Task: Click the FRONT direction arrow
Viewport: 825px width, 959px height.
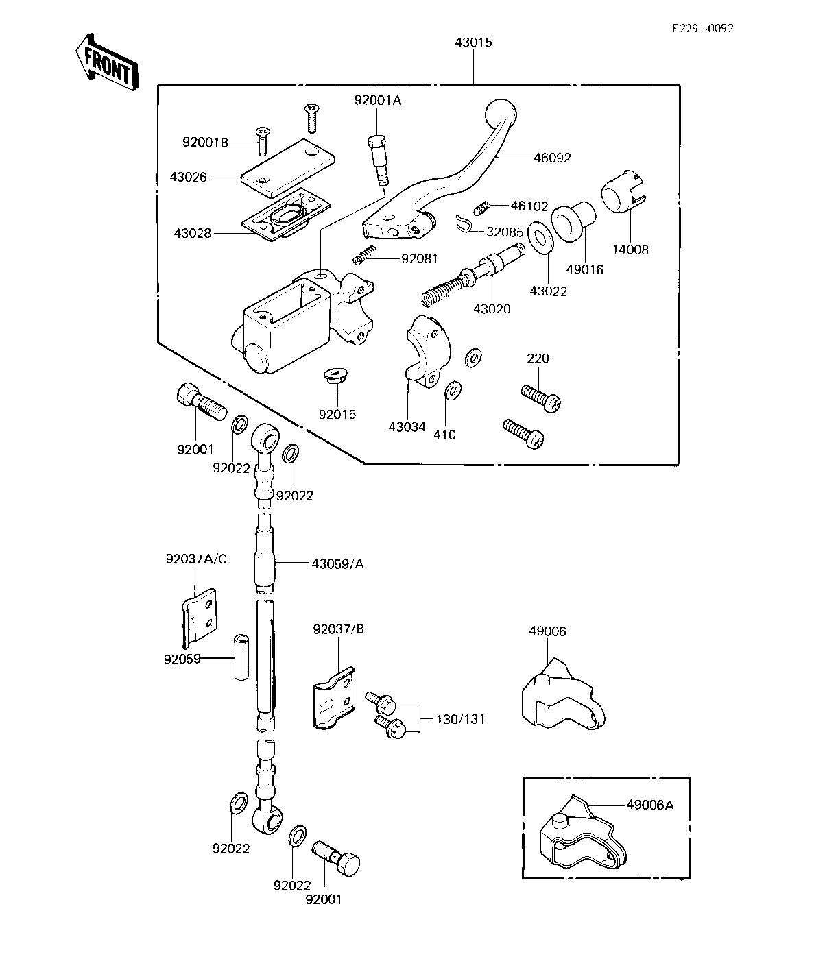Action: [x=107, y=62]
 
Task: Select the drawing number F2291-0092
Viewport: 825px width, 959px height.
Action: [x=702, y=28]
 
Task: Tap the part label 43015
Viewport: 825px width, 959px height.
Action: [x=473, y=43]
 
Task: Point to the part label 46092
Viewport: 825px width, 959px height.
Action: [x=552, y=158]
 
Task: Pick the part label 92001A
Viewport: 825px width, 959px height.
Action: [x=378, y=100]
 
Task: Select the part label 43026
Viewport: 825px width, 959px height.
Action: [x=188, y=177]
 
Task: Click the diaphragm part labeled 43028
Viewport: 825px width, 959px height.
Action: [x=286, y=215]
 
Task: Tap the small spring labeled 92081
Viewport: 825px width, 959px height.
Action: [x=364, y=255]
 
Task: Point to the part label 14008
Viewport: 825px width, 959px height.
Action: [x=630, y=250]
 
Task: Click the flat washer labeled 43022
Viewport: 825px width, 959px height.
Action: [x=540, y=238]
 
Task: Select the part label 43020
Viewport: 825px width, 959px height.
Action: [x=492, y=309]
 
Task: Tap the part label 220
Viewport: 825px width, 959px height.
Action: [x=538, y=359]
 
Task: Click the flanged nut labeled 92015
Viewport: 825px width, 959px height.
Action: [x=335, y=374]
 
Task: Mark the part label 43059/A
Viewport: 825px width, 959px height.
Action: [x=337, y=564]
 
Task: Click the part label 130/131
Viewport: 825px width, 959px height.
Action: [x=461, y=719]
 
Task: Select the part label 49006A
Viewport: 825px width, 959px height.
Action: [x=649, y=805]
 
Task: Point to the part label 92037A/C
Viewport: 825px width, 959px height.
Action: [x=196, y=559]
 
